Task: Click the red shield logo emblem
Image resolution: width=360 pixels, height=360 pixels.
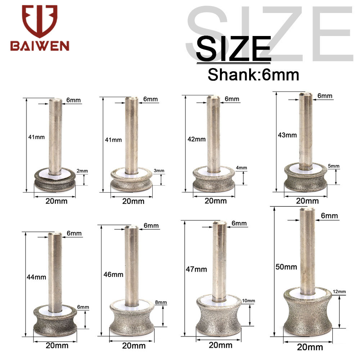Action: coord(40,21)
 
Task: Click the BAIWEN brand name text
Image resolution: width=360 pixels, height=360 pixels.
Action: coord(40,46)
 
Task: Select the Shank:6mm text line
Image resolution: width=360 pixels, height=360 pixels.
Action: coord(253,75)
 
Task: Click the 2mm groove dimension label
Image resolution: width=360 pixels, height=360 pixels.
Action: coord(82,171)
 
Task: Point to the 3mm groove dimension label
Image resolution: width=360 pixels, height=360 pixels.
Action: coord(159,171)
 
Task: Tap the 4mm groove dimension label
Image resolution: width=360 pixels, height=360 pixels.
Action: coord(242,168)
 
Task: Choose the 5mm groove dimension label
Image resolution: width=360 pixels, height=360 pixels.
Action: coord(334,166)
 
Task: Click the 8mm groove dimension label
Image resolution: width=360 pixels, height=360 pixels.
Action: coord(161,302)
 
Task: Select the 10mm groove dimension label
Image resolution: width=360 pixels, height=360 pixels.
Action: coord(248,301)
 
